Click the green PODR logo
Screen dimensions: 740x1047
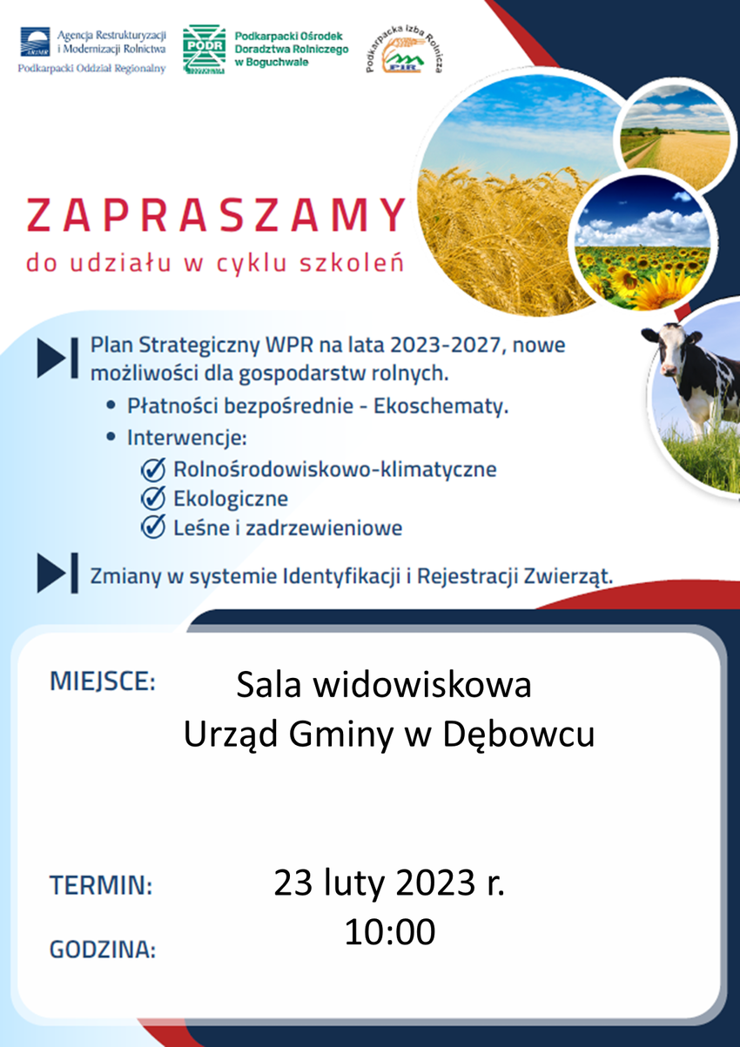pyautogui.click(x=204, y=49)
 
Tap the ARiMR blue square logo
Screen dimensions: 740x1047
pyautogui.click(x=35, y=42)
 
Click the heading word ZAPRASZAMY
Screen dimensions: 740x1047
pyautogui.click(x=216, y=215)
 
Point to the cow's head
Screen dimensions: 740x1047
pyautogui.click(x=669, y=351)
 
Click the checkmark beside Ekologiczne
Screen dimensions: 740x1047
pyautogui.click(x=153, y=498)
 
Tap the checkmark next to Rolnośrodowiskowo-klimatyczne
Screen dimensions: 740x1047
pyautogui.click(x=153, y=469)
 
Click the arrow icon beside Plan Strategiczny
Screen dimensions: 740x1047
pyautogui.click(x=57, y=358)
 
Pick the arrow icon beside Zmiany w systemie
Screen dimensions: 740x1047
pyautogui.click(x=57, y=573)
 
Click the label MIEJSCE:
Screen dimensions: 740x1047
pyautogui.click(x=103, y=681)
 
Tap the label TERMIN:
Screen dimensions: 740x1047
pyautogui.click(x=101, y=885)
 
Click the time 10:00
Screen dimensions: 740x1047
pyautogui.click(x=390, y=932)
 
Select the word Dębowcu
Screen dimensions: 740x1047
pyautogui.click(x=518, y=735)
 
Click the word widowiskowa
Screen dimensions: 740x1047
pyautogui.click(x=422, y=685)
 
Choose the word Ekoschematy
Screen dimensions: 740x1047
pyautogui.click(x=441, y=406)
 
